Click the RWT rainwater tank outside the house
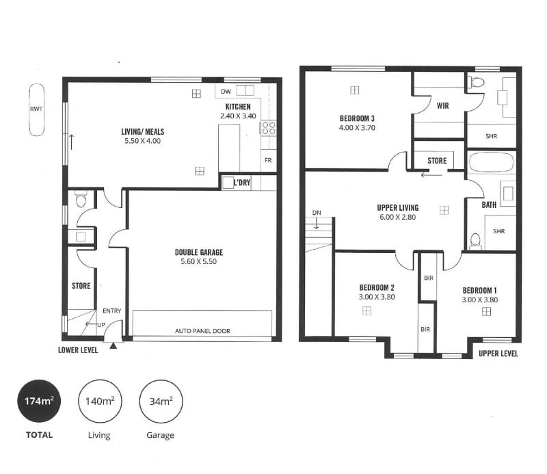[x=36, y=109]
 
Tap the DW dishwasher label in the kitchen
[x=226, y=92]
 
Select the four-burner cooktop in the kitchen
[x=268, y=128]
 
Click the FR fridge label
[x=268, y=160]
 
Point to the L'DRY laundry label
[x=242, y=182]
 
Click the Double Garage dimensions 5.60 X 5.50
[x=198, y=261]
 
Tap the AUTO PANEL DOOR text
[x=202, y=331]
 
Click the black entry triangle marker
[x=114, y=346]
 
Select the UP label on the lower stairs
[x=101, y=325]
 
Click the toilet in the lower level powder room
[x=81, y=199]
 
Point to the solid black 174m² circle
[x=39, y=401]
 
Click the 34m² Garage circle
[x=161, y=401]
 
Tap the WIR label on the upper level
[x=442, y=105]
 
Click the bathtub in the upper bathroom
[x=491, y=163]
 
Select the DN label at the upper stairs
[x=317, y=213]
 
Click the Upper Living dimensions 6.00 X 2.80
[x=398, y=217]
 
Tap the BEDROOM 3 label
[x=357, y=118]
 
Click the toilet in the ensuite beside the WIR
[x=477, y=82]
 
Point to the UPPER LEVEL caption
[x=498, y=353]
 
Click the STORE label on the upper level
[x=437, y=161]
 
